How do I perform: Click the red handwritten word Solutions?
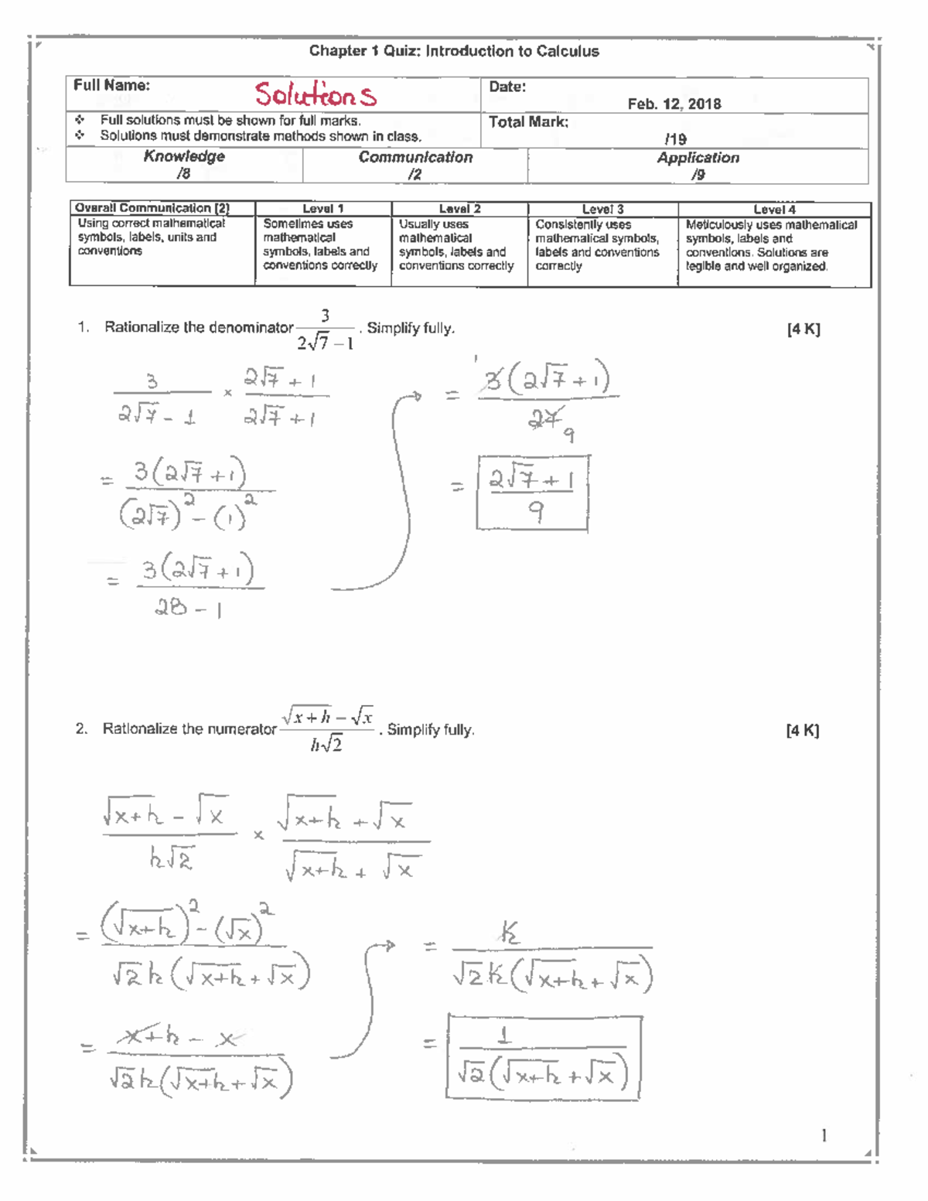point(316,95)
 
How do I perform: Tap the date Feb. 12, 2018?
point(674,104)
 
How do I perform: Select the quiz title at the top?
point(454,51)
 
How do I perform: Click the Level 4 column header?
point(774,210)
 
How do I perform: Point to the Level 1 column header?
point(322,209)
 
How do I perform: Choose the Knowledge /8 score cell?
point(184,165)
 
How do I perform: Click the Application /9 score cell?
point(698,165)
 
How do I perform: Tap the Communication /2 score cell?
point(415,165)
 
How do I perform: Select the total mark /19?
point(675,139)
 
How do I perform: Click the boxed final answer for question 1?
point(532,493)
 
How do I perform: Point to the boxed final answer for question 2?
point(544,1056)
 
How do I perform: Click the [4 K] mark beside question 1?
point(803,329)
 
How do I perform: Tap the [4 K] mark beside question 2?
point(803,730)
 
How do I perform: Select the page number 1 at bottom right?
point(824,1135)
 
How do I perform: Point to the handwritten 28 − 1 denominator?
point(189,609)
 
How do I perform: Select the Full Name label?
point(111,86)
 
